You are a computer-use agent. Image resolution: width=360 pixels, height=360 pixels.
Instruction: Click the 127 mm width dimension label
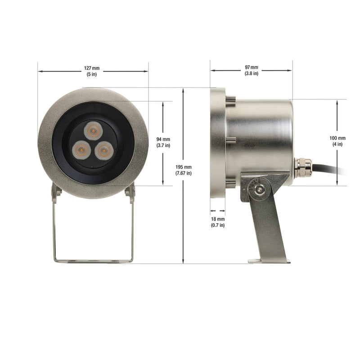tap(92, 68)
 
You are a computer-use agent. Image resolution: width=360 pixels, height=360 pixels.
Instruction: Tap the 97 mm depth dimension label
tap(252, 67)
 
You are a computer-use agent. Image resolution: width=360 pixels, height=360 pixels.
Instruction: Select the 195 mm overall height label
tap(184, 167)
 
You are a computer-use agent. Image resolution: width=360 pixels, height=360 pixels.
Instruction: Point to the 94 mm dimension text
tap(163, 139)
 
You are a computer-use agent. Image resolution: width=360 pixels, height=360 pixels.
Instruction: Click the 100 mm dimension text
tap(337, 138)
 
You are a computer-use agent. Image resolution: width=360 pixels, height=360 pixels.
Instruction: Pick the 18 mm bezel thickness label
tap(218, 219)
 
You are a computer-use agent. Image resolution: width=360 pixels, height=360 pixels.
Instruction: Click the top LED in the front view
tap(93, 130)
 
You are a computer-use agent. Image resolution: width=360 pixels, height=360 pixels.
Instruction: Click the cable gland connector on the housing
tap(302, 167)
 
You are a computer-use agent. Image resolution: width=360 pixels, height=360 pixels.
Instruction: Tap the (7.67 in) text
tap(184, 173)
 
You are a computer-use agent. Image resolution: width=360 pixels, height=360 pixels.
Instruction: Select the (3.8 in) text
tap(252, 73)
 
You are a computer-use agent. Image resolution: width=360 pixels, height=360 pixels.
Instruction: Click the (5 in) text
tap(92, 74)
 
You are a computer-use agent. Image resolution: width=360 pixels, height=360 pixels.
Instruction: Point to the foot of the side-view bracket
tap(269, 261)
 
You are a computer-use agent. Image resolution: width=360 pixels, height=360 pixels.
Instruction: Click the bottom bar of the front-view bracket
tap(93, 260)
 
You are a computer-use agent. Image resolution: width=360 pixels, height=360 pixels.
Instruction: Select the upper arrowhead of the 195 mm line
tap(183, 90)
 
